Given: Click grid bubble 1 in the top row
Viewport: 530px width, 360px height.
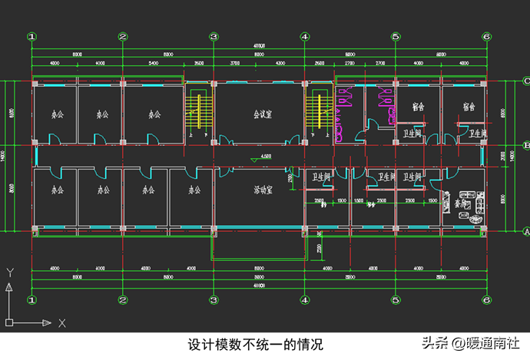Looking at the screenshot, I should click(31, 36).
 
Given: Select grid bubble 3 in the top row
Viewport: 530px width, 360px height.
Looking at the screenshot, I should click(214, 36).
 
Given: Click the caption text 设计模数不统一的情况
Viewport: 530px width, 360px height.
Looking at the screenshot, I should click(257, 345).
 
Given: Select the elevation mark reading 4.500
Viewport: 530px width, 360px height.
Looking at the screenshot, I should click(266, 157).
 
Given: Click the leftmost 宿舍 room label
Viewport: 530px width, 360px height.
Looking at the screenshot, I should click(419, 107).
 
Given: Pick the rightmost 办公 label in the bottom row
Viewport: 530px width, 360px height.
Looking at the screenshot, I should click(196, 190).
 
